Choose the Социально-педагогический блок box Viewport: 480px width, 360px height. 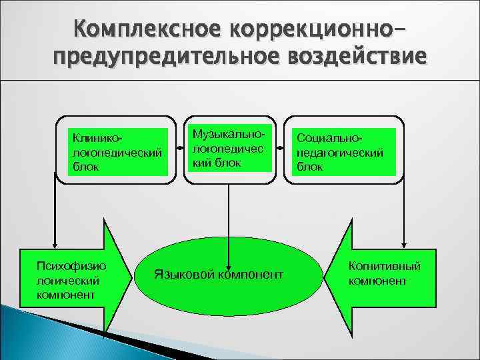(x=343, y=151)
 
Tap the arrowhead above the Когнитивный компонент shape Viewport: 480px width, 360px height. (x=403, y=243)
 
